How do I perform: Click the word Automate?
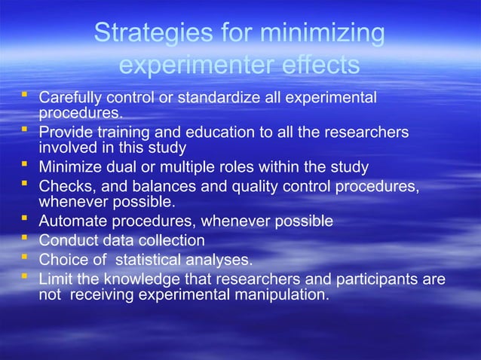(x=70, y=221)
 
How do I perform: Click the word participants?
(x=381, y=279)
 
